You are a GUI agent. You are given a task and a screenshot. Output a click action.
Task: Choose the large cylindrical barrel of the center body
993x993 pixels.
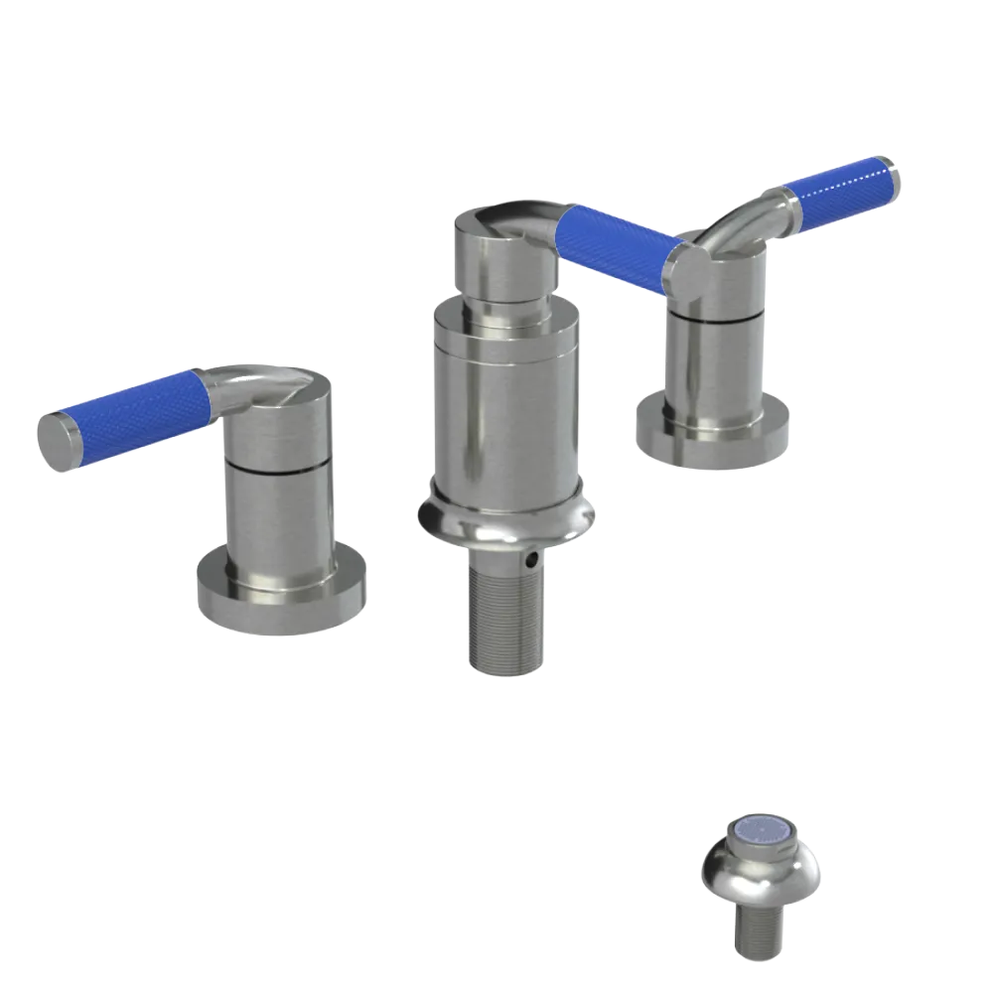click(506, 397)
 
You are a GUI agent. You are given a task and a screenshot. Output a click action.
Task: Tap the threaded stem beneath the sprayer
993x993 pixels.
click(760, 933)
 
